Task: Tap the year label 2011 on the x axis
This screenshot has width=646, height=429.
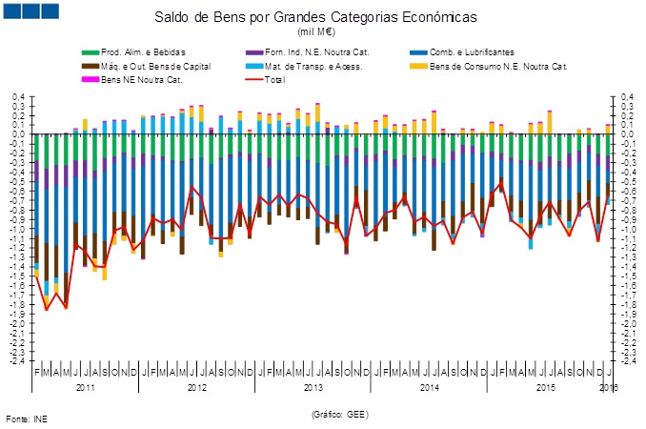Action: pos(86,387)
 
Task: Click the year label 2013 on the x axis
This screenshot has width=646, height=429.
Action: pos(313,387)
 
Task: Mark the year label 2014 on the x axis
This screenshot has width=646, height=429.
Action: pos(429,387)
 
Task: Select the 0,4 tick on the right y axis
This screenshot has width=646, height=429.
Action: pos(628,96)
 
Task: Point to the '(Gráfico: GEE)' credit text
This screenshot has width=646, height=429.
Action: pos(338,415)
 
